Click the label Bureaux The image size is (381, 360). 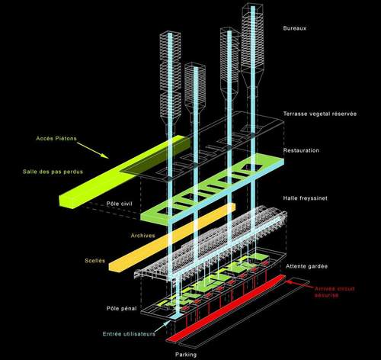(295, 28)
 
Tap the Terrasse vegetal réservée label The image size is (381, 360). (320, 114)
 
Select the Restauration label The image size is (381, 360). (301, 150)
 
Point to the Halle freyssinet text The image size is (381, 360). (305, 198)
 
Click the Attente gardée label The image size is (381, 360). (306, 266)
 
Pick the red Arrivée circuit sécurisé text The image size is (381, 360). (335, 292)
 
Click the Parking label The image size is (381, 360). (186, 355)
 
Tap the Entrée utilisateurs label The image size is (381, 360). (129, 334)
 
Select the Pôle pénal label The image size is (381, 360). (121, 308)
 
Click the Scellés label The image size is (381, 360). (94, 261)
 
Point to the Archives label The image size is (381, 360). (142, 236)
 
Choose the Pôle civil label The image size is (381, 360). (119, 204)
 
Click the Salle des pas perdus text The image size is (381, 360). (53, 172)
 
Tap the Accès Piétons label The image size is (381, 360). (56, 139)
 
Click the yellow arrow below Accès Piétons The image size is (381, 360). (93, 150)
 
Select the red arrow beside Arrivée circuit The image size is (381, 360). (299, 284)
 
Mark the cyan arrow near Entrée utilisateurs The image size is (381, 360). (162, 327)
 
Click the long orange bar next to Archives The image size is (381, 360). (172, 238)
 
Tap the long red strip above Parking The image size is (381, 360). (226, 309)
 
